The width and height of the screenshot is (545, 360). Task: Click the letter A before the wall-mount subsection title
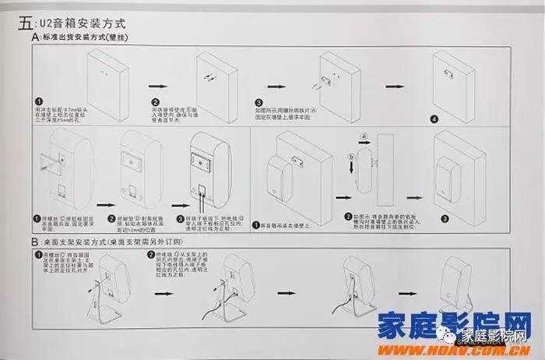[x=36, y=37]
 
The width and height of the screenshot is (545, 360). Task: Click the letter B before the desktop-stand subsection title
[x=36, y=242]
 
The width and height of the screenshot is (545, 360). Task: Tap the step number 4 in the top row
[x=434, y=118]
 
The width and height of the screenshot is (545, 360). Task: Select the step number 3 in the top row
[x=258, y=103]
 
